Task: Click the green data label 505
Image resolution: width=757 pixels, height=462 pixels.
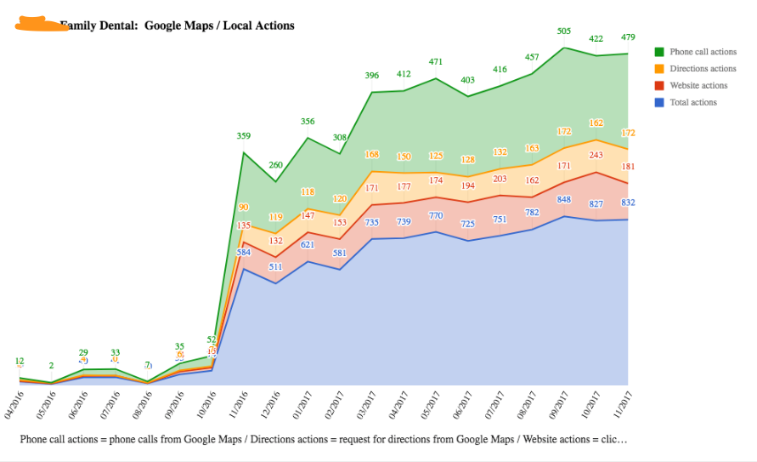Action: pos(563,31)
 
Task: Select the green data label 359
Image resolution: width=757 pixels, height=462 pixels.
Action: pos(244,136)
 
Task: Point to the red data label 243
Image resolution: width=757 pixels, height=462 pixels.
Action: pos(596,155)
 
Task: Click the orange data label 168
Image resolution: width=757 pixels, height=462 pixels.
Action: pos(371,155)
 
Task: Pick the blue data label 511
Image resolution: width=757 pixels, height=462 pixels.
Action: pos(275,266)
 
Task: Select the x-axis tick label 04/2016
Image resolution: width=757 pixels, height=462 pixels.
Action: pos(12,402)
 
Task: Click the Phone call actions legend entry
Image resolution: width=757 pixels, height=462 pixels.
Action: pos(703,52)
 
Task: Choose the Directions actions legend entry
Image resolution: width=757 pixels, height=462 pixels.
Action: pos(703,69)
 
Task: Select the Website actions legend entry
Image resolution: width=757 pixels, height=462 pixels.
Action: pos(698,85)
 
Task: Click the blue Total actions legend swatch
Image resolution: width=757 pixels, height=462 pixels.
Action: pos(658,102)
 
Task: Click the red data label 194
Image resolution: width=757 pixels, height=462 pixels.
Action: pos(467,185)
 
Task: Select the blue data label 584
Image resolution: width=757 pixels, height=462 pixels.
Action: pos(244,252)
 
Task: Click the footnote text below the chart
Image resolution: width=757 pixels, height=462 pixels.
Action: pos(323,440)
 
